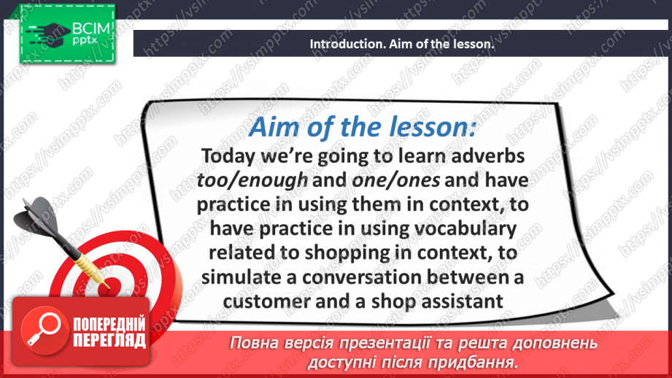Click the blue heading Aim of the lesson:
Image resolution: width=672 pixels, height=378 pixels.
(x=363, y=127)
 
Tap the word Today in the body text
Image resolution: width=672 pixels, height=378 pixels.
(x=228, y=156)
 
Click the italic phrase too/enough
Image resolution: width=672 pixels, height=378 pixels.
(x=252, y=180)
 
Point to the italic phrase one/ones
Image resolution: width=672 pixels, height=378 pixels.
(x=395, y=180)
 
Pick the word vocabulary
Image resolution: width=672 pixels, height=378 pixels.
(x=463, y=229)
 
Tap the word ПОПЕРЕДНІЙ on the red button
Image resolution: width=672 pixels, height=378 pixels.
(x=109, y=325)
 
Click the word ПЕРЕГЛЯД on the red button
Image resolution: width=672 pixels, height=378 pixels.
(x=109, y=340)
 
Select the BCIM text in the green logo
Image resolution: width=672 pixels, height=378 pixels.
(x=91, y=28)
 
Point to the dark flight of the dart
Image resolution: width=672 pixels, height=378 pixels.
(x=36, y=217)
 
